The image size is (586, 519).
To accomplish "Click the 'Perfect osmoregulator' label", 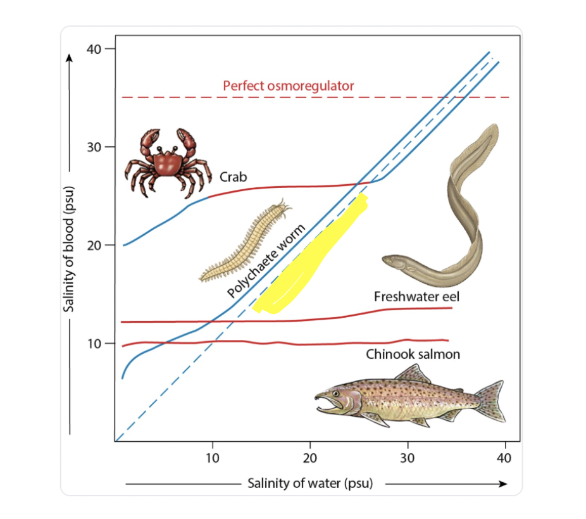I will click(x=289, y=85).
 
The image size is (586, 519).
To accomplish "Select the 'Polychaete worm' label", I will click(x=266, y=261).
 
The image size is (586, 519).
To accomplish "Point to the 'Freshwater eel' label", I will click(x=413, y=296).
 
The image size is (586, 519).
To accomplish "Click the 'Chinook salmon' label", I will click(x=413, y=354).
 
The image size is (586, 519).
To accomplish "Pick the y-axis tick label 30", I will click(x=94, y=147).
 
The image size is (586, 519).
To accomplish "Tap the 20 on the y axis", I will click(x=94, y=245).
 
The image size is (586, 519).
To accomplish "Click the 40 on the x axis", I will click(x=504, y=457).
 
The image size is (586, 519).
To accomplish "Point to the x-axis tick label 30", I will click(x=408, y=457).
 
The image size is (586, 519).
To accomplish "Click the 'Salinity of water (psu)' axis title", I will click(x=310, y=484).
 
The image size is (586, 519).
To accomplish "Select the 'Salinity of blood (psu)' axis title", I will click(x=71, y=249).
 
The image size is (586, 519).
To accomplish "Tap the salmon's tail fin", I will click(x=490, y=400).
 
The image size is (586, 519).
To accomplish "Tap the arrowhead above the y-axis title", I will click(x=70, y=58).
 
